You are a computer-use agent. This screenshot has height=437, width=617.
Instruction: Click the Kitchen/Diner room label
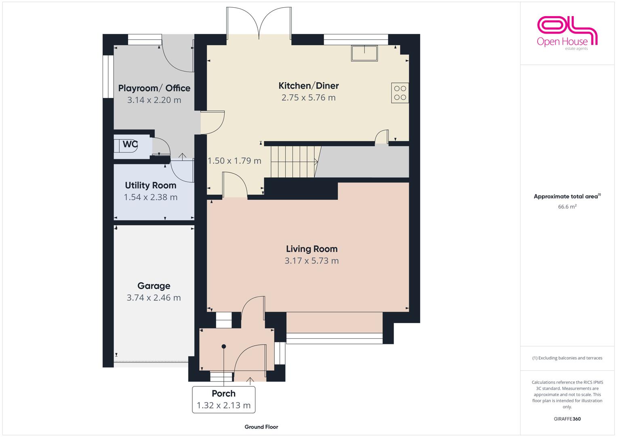click(309, 86)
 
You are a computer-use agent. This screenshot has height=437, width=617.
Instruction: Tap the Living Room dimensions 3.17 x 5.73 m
click(312, 261)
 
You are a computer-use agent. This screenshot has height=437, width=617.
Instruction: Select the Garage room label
click(154, 286)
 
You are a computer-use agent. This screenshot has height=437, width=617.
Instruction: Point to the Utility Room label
click(151, 185)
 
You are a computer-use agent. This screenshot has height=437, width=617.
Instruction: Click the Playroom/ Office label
click(154, 88)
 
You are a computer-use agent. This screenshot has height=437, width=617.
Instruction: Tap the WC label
click(130, 144)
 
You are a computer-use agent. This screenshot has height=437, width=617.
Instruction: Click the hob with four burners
click(400, 93)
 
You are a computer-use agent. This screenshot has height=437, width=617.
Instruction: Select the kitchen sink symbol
click(364, 53)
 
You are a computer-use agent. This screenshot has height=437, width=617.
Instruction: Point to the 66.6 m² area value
click(567, 207)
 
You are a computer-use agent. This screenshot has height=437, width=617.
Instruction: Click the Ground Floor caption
click(261, 427)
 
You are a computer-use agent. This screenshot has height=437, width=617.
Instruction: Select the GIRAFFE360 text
click(567, 419)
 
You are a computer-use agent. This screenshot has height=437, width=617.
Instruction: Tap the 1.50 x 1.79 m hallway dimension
click(234, 161)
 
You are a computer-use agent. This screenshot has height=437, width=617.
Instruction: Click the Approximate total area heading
click(567, 196)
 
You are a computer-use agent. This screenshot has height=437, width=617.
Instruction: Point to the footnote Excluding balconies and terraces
click(567, 358)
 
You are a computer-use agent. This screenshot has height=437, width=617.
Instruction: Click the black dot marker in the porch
click(224, 346)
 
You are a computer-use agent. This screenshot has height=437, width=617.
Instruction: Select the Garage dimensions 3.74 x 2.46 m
click(154, 298)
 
